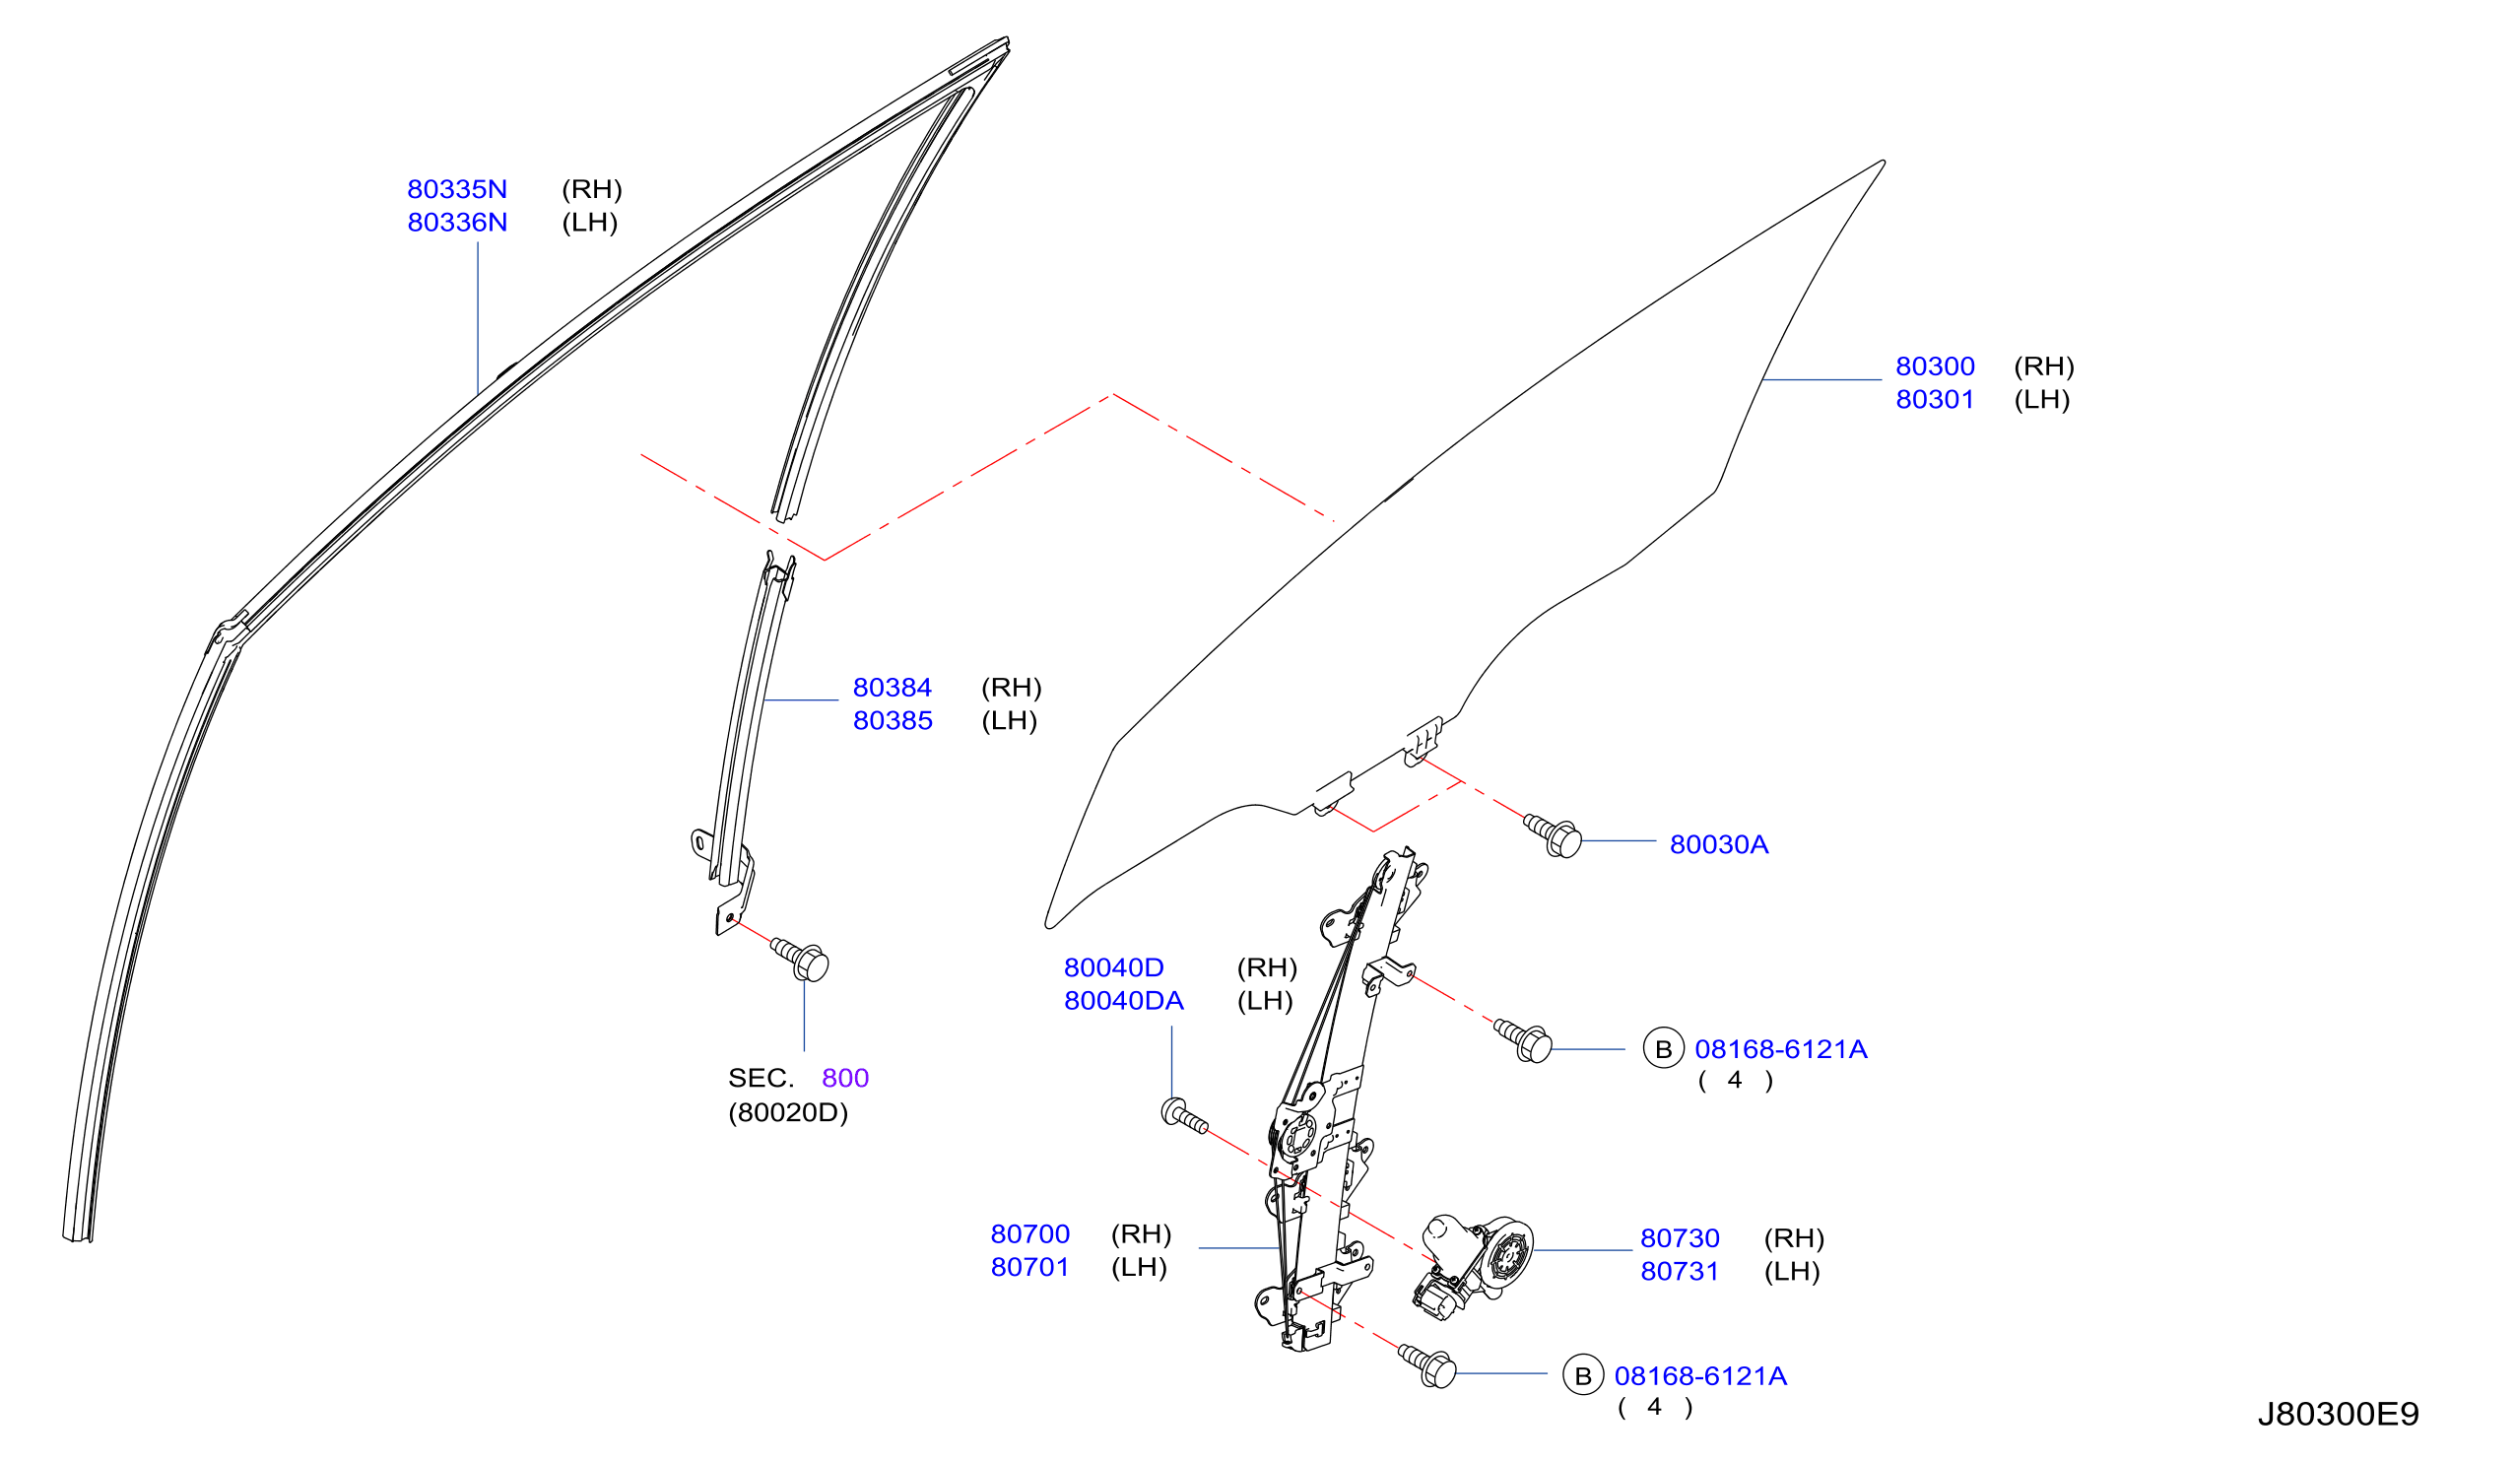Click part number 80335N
pyautogui.click(x=457, y=189)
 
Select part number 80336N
pyautogui.click(x=457, y=222)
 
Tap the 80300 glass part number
pyautogui.click(x=1935, y=366)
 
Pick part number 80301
pyautogui.click(x=1935, y=399)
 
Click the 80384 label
pyautogui.click(x=893, y=687)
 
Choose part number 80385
pyautogui.click(x=893, y=720)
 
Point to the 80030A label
pyautogui.click(x=1719, y=845)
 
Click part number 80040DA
pyautogui.click(x=1124, y=1001)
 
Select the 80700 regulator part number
pyautogui.click(x=1030, y=1234)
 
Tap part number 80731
pyautogui.click(x=1681, y=1271)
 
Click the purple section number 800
pyautogui.click(x=845, y=1079)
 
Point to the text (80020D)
pyautogui.click(x=788, y=1112)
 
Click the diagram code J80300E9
pyautogui.click(x=2339, y=1415)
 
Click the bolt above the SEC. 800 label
pyautogui.click(x=802, y=960)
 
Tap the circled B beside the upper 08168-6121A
pyautogui.click(x=1663, y=1049)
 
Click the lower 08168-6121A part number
pyautogui.click(x=1700, y=1376)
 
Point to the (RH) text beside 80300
pyautogui.click(x=2044, y=366)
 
